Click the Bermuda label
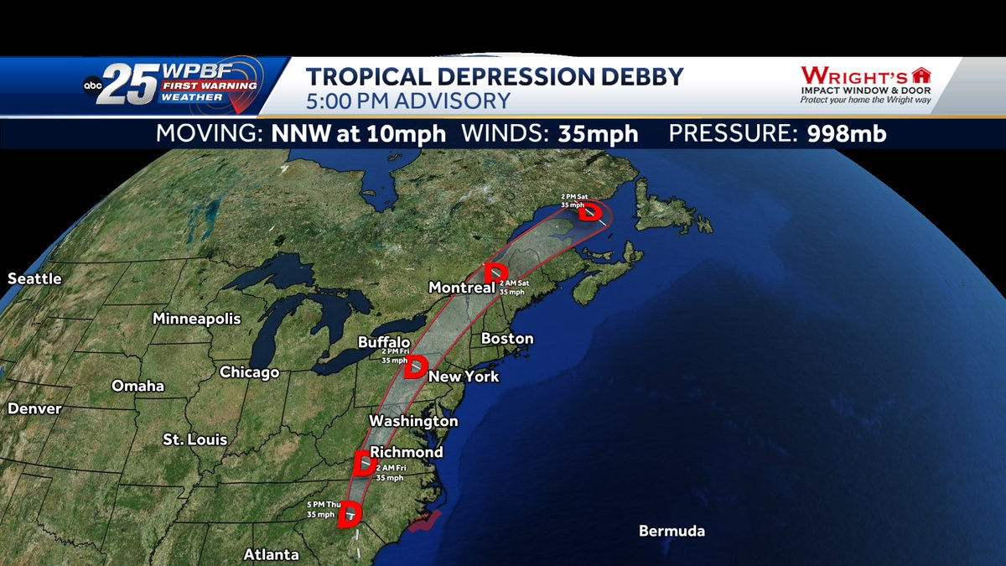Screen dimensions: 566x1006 [672, 531]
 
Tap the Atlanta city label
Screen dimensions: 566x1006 [271, 554]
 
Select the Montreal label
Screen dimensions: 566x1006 [461, 288]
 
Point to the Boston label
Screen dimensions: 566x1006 [507, 339]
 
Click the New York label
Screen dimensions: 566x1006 [464, 376]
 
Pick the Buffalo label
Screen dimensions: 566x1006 [384, 342]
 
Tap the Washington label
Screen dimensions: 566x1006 [413, 421]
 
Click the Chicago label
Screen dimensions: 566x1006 [249, 372]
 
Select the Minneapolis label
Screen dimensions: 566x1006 [196, 319]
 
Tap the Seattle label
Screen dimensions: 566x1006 [34, 278]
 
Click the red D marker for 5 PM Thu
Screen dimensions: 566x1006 [349, 515]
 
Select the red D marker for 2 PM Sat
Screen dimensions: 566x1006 [591, 211]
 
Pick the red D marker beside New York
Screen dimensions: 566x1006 [416, 367]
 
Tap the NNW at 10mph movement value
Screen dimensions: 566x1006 [358, 134]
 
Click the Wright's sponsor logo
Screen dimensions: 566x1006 [865, 85]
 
